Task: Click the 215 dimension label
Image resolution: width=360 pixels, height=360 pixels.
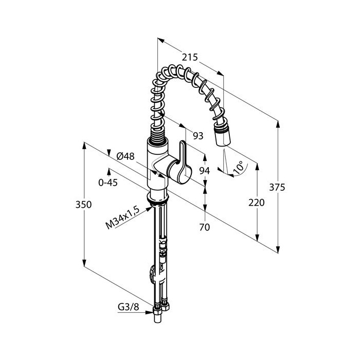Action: tap(190, 57)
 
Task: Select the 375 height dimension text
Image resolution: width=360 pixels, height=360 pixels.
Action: tap(277, 187)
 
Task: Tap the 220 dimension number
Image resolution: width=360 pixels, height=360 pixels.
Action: tap(257, 203)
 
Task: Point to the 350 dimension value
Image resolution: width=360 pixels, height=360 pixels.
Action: tap(83, 204)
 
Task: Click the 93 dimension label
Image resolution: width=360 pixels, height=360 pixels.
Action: tap(198, 136)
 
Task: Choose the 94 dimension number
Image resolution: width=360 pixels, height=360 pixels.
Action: tap(204, 171)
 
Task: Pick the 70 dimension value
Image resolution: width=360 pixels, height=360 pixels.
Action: tap(205, 227)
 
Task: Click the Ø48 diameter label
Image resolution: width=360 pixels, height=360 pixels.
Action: tap(125, 156)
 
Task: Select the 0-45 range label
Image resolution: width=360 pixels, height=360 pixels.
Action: tap(108, 183)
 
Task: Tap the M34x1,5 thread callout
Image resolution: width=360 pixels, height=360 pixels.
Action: tap(122, 218)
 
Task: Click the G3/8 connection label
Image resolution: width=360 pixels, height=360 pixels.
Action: tap(129, 307)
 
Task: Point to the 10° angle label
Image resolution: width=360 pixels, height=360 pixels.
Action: tap(238, 167)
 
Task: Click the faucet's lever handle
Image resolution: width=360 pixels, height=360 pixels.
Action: tap(179, 163)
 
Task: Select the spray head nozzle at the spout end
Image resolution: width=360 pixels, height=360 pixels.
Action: tap(222, 134)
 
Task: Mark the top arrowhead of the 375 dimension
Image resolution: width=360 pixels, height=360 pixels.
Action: tap(278, 124)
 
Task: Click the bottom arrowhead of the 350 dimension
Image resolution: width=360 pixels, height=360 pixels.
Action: tap(84, 263)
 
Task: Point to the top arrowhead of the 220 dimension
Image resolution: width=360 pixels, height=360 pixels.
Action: tap(257, 167)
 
